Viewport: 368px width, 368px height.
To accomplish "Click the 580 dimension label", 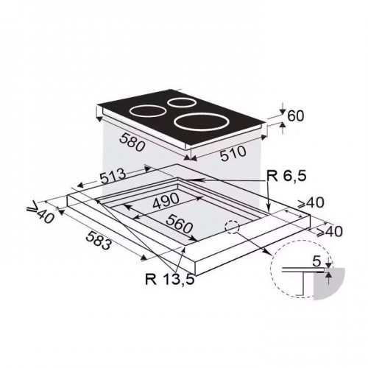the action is click(132, 143).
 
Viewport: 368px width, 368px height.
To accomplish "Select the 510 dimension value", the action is click(233, 153).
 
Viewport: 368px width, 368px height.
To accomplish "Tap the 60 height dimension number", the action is click(295, 116).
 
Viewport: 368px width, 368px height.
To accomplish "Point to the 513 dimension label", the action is click(113, 177).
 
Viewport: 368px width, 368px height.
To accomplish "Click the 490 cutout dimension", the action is click(166, 200).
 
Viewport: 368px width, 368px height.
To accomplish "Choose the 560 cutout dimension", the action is click(179, 224).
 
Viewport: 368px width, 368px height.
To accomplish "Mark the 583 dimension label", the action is click(99, 241).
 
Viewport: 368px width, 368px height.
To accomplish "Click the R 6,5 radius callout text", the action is click(286, 176).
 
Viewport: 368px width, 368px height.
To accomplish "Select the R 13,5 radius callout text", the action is click(170, 279).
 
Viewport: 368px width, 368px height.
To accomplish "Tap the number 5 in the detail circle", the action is click(316, 261).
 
